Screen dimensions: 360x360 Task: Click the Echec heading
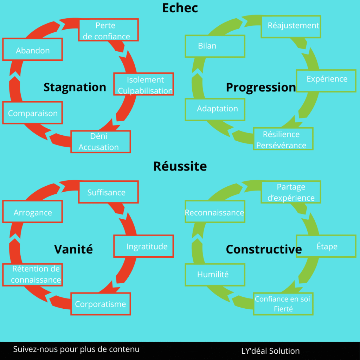tap(180, 8)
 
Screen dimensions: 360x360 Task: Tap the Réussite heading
tap(180, 166)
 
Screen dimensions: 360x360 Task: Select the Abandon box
tap(33, 50)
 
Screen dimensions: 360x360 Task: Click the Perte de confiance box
tap(108, 30)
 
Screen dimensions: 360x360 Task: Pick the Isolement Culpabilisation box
tap(144, 84)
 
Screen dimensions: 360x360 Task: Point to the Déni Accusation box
tap(101, 142)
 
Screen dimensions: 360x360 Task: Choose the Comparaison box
tap(33, 113)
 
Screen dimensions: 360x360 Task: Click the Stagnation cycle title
tap(75, 87)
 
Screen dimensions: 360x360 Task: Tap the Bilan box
tap(215, 46)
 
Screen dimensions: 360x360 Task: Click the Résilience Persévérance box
tap(283, 139)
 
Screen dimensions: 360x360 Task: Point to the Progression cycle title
tap(261, 87)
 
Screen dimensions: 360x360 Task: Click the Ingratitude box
tap(144, 246)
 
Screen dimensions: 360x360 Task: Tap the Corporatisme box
tap(101, 304)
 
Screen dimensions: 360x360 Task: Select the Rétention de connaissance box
tap(33, 275)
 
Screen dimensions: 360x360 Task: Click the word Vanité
tap(73, 249)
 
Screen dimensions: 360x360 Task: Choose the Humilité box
tap(215, 275)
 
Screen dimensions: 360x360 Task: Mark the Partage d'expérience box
tap(291, 192)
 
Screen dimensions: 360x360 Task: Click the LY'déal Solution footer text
tap(270, 351)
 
